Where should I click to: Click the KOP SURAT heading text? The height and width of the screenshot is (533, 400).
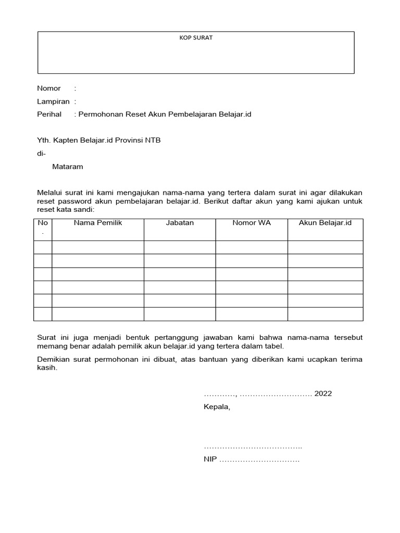(196, 38)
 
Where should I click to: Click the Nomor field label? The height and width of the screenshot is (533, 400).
(48, 88)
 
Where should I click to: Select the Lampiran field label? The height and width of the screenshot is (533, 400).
(53, 101)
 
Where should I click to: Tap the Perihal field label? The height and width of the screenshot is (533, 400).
(49, 114)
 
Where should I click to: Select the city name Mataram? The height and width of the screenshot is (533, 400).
(67, 167)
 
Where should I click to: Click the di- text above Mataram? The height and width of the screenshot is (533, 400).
(41, 154)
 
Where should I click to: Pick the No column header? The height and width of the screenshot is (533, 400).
(42, 223)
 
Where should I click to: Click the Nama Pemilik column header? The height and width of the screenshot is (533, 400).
(97, 223)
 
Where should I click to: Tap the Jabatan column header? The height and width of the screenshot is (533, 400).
(180, 223)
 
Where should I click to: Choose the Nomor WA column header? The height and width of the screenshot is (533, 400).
(252, 223)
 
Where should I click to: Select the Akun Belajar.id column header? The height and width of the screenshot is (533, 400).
(325, 223)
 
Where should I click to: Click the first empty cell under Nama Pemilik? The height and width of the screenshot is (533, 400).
(97, 247)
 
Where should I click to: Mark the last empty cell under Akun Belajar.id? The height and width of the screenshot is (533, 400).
(325, 314)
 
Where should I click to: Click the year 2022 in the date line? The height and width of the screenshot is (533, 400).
(323, 394)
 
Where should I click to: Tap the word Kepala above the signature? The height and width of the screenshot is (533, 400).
(216, 407)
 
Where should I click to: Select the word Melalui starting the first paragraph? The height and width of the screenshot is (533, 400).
(49, 193)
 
